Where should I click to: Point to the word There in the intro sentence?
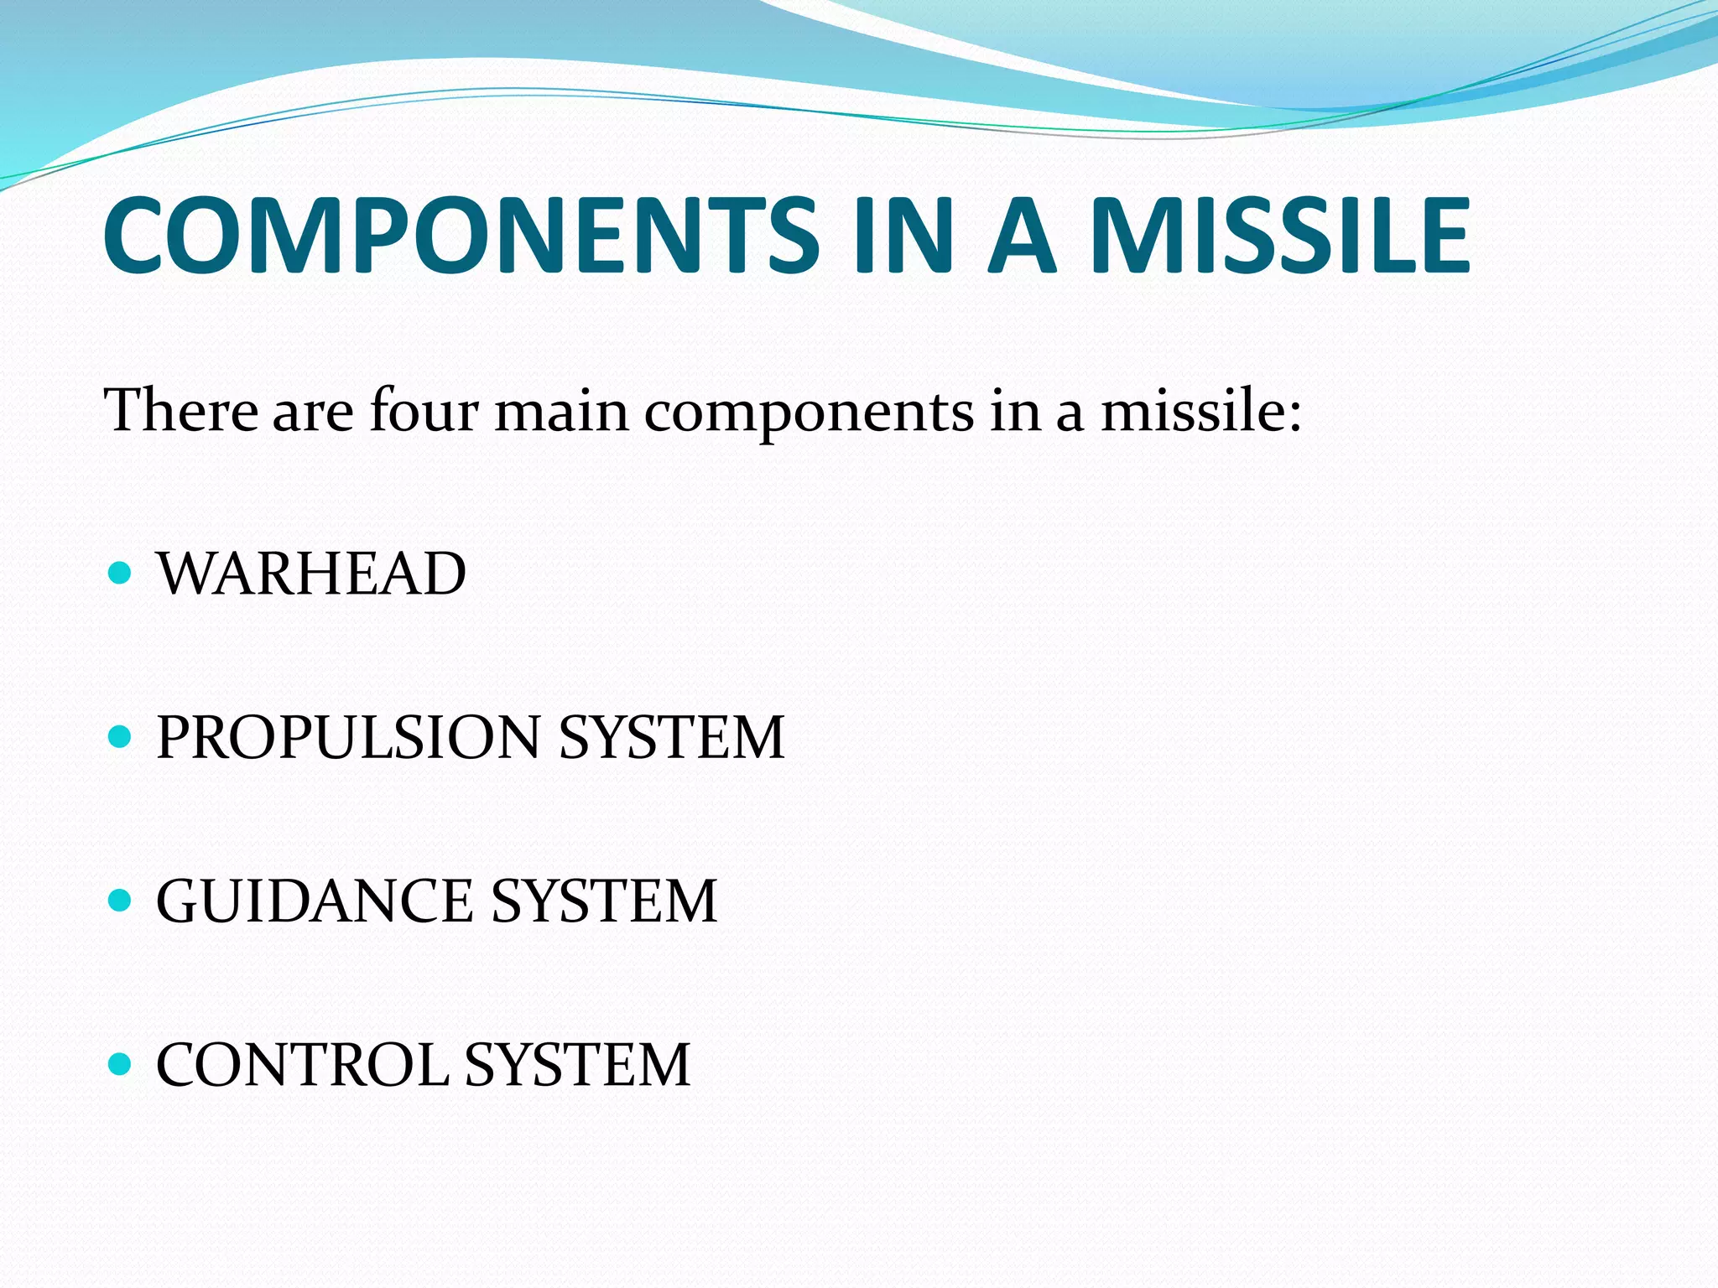click(180, 411)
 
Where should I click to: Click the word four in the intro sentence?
click(424, 411)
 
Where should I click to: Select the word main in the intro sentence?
click(561, 411)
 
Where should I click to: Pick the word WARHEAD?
click(311, 574)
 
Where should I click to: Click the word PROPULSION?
click(348, 738)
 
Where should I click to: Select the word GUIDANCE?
click(315, 901)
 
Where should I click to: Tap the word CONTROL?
click(303, 1065)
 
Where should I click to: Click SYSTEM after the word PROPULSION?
click(671, 738)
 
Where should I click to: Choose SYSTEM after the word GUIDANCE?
click(604, 901)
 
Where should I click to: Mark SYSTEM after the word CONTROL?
click(577, 1065)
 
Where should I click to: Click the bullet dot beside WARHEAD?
click(121, 574)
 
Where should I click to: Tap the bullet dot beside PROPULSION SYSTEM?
click(121, 737)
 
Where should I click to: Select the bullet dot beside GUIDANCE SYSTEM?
click(121, 901)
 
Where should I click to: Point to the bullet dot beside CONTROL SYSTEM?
click(121, 1064)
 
